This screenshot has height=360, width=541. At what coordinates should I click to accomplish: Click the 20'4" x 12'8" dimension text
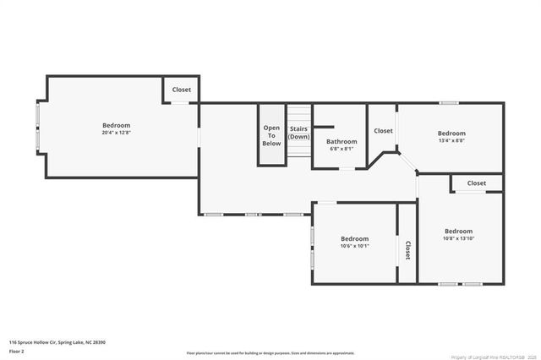[116, 133]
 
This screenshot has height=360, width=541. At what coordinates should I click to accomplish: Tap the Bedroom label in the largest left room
[116, 125]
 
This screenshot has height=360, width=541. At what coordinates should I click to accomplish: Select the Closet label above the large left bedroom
[181, 90]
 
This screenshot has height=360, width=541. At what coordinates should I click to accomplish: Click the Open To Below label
[271, 135]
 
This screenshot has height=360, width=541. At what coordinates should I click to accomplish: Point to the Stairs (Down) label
[298, 133]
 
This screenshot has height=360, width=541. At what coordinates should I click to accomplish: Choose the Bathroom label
[342, 141]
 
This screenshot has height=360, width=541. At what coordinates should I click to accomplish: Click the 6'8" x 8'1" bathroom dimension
[342, 149]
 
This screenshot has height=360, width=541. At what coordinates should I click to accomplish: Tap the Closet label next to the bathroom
[383, 131]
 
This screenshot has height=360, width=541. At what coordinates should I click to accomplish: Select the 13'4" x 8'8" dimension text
[451, 141]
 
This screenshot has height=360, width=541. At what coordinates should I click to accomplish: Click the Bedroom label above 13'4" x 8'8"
[451, 134]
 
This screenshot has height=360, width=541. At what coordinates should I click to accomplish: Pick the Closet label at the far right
[477, 183]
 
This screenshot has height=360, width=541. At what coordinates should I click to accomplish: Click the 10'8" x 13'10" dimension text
[458, 239]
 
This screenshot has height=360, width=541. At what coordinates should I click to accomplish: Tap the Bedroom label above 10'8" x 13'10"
[458, 232]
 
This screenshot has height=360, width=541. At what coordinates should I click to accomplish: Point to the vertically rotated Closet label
[407, 249]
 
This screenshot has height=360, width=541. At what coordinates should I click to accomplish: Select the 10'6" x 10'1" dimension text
[354, 247]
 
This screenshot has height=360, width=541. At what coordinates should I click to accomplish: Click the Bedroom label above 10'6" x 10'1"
[354, 239]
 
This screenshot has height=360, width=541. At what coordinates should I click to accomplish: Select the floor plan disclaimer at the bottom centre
[270, 352]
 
